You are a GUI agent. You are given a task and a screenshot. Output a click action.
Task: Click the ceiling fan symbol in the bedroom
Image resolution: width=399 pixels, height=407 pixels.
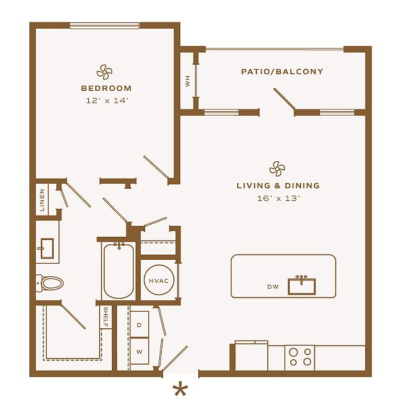[104, 72]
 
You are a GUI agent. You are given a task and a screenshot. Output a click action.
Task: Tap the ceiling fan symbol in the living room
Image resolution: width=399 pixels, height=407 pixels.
[277, 169]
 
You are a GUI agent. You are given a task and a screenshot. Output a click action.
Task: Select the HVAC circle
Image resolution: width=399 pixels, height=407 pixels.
[159, 280]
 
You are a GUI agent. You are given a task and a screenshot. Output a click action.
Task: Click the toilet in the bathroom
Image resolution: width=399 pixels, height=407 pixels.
[49, 283]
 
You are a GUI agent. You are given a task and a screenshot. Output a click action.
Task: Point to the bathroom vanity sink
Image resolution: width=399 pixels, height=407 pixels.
[47, 248]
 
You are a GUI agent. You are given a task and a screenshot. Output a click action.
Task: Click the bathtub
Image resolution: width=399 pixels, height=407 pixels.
[119, 271]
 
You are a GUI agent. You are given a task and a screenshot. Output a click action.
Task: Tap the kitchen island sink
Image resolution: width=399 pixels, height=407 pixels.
[302, 286]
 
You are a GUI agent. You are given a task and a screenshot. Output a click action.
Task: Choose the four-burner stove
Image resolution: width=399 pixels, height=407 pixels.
[300, 358]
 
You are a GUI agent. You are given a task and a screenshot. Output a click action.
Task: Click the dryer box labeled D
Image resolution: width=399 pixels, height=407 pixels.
[139, 324]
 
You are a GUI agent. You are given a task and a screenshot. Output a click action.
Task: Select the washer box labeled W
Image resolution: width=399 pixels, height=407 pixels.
[139, 351]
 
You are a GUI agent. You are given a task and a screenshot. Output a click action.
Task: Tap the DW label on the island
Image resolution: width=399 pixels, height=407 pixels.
[273, 287]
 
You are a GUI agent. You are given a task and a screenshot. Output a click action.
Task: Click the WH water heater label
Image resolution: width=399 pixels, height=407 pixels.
[188, 81]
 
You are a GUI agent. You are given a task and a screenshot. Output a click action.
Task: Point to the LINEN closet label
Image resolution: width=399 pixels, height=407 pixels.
[42, 200]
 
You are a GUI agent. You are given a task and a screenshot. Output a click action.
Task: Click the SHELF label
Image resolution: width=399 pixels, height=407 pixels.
[106, 317]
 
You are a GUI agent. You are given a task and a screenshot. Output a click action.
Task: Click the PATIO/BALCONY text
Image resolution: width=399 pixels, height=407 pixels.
[282, 72]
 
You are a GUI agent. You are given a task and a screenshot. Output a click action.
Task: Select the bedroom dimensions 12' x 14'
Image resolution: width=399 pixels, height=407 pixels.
[107, 100]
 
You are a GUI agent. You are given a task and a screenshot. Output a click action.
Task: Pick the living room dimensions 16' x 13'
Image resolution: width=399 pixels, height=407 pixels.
[279, 198]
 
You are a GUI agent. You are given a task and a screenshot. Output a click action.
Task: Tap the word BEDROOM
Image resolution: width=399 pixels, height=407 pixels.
[106, 88]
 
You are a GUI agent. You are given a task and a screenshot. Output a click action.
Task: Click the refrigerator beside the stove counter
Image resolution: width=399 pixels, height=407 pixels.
[251, 356]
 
